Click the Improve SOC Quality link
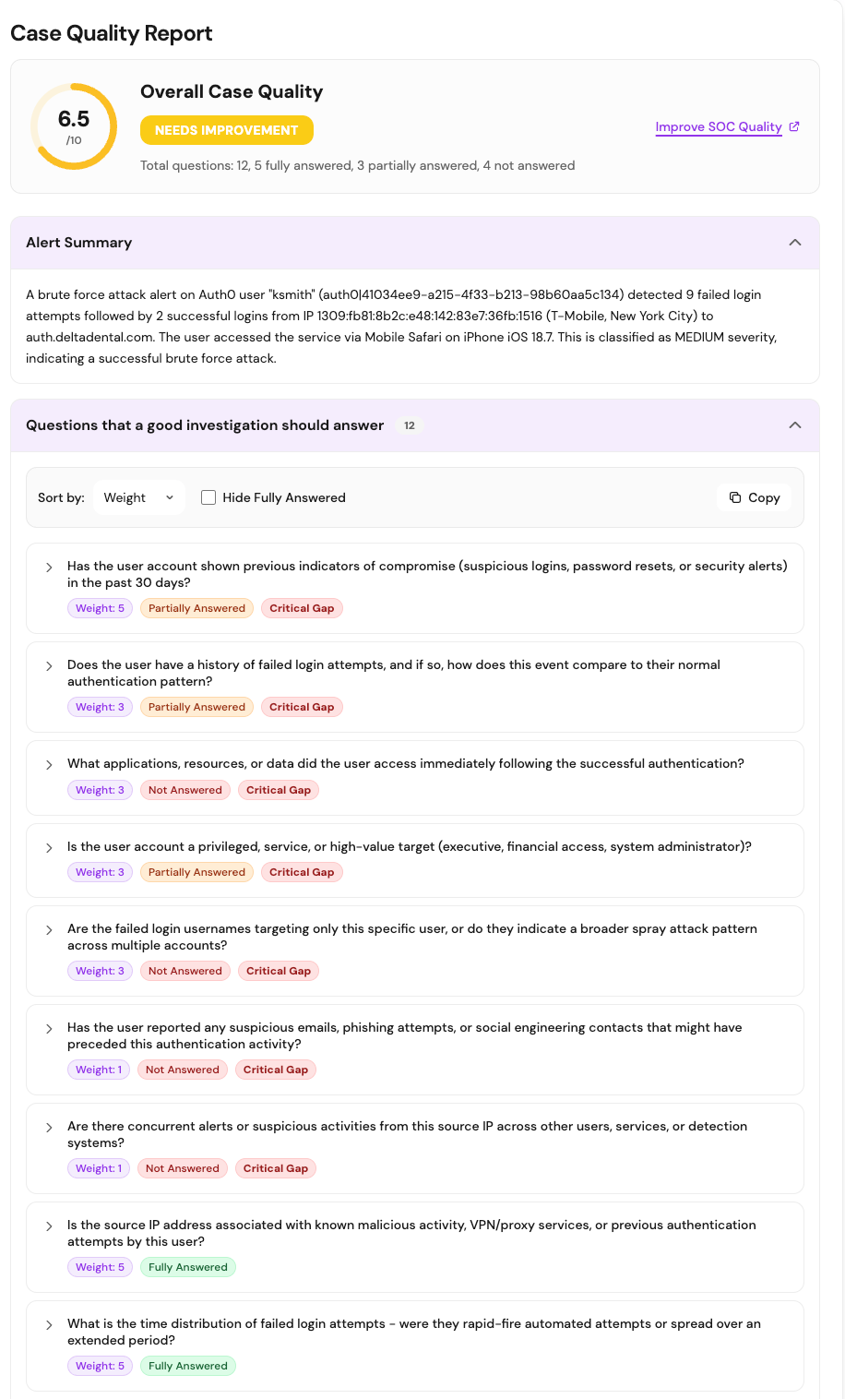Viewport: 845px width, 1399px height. tap(719, 127)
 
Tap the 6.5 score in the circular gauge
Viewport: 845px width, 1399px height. tap(74, 119)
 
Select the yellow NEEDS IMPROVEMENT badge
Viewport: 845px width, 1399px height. tap(227, 130)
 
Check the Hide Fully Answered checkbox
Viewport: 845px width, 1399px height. tap(208, 497)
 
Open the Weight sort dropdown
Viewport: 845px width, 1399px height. tap(139, 497)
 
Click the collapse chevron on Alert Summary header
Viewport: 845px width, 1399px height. tap(794, 243)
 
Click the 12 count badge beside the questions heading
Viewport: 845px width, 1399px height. tap(410, 425)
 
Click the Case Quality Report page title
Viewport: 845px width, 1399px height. tap(112, 33)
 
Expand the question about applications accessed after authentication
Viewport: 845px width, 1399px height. tap(49, 764)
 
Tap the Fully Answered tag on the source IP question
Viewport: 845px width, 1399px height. tap(188, 1267)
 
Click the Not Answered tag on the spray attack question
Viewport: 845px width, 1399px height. tap(185, 971)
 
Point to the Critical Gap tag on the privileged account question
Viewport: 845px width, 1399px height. tap(302, 872)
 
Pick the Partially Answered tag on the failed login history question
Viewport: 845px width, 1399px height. tap(196, 707)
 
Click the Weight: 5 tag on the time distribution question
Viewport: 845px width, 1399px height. tap(100, 1366)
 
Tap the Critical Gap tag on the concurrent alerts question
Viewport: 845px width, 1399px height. tap(276, 1168)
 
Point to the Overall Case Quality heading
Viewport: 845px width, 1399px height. tap(232, 91)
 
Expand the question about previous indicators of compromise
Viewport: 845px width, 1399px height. tap(49, 568)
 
